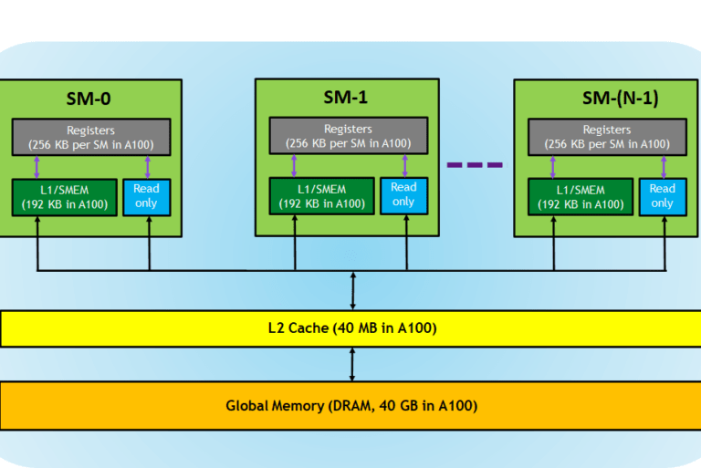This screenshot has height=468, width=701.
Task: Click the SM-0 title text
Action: [89, 99]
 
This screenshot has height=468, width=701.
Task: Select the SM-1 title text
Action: [346, 97]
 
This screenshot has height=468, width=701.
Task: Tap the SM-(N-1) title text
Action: [620, 98]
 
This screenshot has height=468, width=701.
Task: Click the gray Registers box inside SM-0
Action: [91, 137]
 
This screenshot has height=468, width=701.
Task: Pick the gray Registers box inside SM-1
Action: [349, 136]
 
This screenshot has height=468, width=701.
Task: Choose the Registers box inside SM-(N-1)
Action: [607, 137]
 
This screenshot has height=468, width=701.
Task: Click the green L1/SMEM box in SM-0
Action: [65, 198]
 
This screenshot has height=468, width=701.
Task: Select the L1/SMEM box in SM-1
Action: [322, 196]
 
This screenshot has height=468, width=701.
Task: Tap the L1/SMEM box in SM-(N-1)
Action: [581, 197]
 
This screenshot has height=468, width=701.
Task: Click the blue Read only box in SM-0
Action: [147, 198]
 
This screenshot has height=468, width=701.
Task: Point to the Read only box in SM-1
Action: [403, 196]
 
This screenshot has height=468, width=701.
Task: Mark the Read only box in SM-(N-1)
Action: [663, 197]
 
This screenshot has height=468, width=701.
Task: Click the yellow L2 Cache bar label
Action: [352, 328]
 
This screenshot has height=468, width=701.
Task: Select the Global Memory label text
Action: [351, 406]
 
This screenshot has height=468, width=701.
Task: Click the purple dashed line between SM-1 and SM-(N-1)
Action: [475, 165]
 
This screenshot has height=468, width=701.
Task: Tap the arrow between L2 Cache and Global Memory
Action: [352, 364]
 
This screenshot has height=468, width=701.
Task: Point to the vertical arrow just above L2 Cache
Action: [352, 291]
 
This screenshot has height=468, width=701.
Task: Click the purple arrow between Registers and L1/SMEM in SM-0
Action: [37, 168]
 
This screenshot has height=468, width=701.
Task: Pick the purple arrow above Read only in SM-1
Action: [405, 166]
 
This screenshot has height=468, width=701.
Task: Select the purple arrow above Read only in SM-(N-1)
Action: [664, 167]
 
